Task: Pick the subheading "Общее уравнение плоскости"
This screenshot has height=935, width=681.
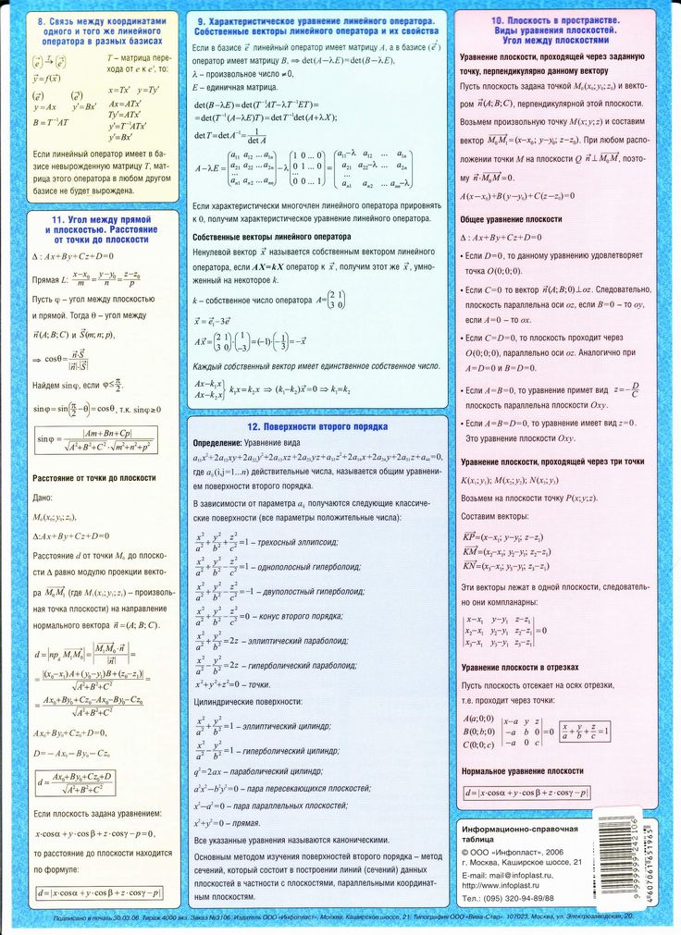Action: (511, 219)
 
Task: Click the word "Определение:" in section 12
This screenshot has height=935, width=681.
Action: (218, 444)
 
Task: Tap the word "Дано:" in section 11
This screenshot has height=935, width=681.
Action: (43, 498)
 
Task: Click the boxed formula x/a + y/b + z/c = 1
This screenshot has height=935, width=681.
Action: (576, 730)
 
